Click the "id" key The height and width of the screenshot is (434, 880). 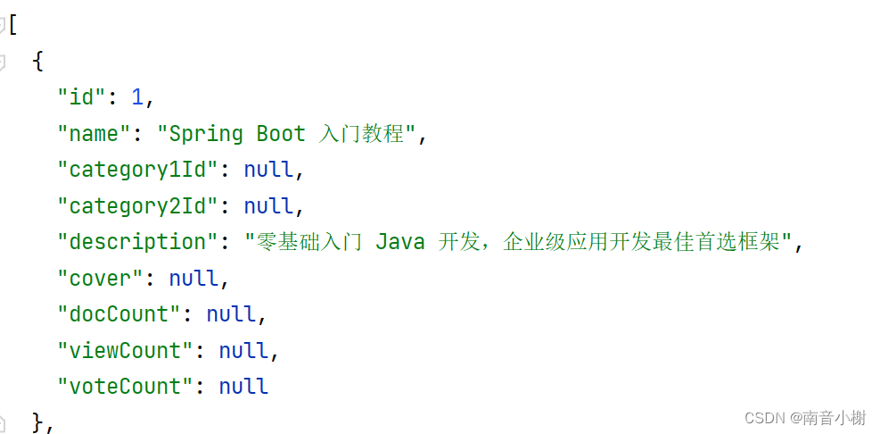[82, 97]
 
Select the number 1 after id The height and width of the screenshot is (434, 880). [137, 97]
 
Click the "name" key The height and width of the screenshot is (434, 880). [94, 134]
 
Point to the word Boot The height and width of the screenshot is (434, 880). [281, 134]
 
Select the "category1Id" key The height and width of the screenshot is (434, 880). [137, 170]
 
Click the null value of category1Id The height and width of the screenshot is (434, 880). [268, 170]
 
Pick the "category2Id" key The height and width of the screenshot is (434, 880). [137, 206]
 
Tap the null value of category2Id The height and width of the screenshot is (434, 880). [268, 206]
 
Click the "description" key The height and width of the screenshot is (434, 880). [131, 242]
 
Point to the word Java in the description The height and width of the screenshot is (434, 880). [399, 242]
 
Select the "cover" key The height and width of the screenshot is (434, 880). [100, 279]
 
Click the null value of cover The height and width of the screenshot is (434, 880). [193, 279]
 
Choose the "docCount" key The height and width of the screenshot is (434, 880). [119, 314]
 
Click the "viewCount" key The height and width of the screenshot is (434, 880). [125, 351]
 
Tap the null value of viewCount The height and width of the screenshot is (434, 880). [243, 351]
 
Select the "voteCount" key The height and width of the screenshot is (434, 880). [125, 387]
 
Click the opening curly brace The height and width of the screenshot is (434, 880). [37, 62]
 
